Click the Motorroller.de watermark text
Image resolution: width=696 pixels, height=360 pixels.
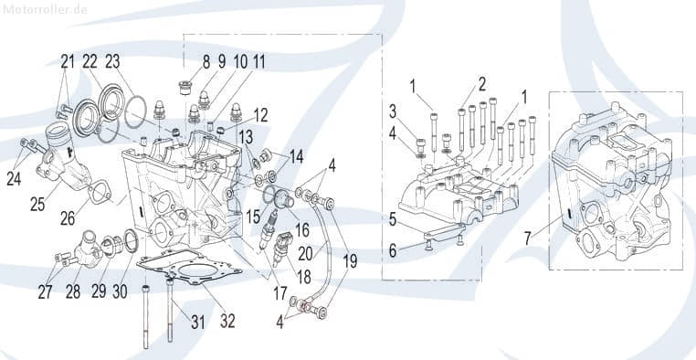[46, 9]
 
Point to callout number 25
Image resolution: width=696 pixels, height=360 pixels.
[37, 204]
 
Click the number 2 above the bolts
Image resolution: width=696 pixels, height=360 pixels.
[480, 87]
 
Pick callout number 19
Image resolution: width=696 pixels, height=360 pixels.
[350, 259]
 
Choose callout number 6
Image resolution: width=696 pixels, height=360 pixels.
[394, 249]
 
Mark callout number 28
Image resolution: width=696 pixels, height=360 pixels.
[73, 292]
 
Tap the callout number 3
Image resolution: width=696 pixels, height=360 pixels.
[394, 111]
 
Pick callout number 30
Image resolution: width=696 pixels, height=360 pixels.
[120, 292]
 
